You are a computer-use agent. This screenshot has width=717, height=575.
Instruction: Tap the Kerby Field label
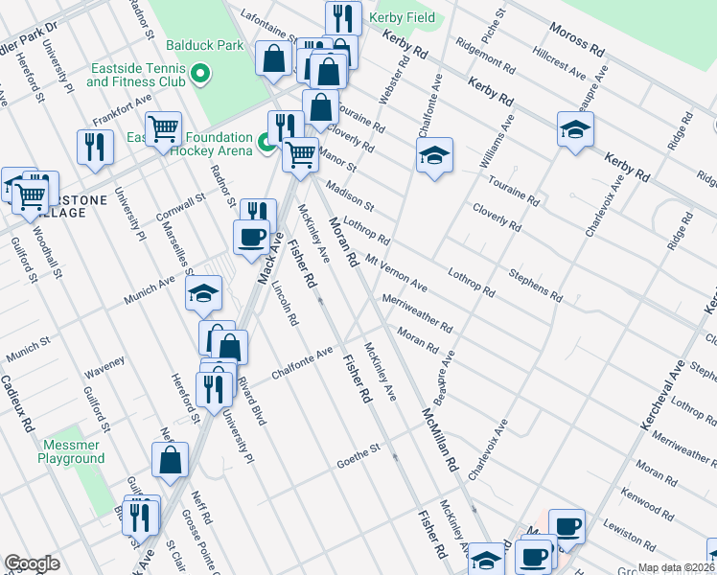[x=404, y=18]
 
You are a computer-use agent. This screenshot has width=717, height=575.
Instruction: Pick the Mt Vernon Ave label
[x=396, y=272]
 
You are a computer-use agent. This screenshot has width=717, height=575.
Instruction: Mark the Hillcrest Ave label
[x=560, y=66]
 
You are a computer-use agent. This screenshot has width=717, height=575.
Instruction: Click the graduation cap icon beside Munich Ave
[x=203, y=294]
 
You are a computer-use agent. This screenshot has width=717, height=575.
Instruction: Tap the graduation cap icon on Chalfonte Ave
[x=434, y=155]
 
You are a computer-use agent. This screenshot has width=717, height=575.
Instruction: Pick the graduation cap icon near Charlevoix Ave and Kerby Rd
[x=575, y=129]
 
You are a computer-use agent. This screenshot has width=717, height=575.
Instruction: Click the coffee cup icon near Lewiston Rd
[x=567, y=525]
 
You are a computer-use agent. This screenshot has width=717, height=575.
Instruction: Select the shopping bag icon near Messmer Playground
[x=170, y=459]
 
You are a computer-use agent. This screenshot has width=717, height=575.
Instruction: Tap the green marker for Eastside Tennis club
[x=200, y=73]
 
